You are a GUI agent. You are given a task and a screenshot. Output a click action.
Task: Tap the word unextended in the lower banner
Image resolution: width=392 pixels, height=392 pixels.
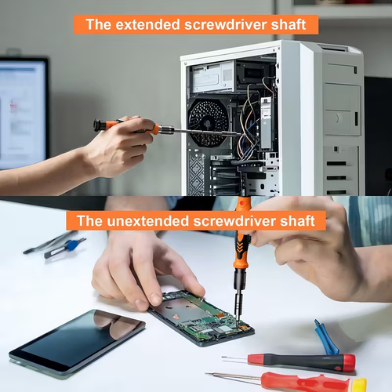tap(144, 221)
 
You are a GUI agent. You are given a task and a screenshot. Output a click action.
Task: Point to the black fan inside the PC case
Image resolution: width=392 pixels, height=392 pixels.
tap(208, 122)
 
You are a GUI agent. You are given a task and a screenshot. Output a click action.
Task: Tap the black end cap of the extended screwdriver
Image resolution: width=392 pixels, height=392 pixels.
tap(98, 125)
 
